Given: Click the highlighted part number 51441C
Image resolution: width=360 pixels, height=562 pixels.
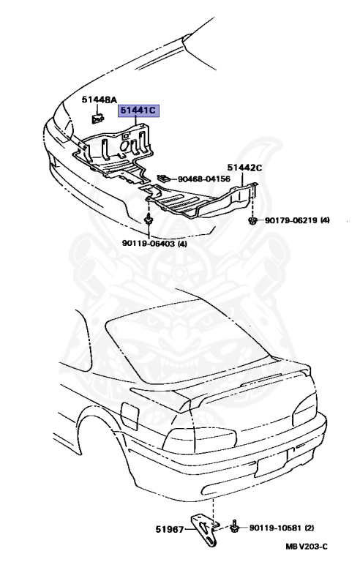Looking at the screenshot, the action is [x=139, y=110].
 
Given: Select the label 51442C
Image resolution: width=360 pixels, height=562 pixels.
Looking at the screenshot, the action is [x=245, y=168].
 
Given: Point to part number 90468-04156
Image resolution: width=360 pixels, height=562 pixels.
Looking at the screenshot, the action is [x=203, y=179].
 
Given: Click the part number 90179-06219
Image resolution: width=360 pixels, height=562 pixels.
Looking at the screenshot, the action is [x=291, y=220].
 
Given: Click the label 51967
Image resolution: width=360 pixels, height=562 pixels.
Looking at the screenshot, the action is [x=170, y=528].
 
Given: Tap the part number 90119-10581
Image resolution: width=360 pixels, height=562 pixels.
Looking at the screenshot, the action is [x=276, y=528].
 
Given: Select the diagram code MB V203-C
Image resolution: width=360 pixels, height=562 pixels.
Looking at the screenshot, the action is [x=306, y=547].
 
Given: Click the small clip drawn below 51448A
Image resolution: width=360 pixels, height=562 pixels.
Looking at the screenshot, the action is [x=97, y=118].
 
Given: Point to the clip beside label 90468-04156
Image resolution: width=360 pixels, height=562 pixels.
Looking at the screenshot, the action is [x=164, y=178].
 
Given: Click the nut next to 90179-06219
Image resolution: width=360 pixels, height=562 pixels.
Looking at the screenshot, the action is [x=252, y=220].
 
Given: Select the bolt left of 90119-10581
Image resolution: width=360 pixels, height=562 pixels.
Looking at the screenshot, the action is [x=235, y=527].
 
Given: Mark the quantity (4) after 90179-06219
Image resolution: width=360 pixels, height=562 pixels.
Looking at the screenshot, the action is [x=325, y=220].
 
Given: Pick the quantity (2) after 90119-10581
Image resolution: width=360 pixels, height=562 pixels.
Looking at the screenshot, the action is [x=309, y=528].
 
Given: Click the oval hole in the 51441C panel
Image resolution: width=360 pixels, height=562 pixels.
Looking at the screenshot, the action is [x=124, y=147].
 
